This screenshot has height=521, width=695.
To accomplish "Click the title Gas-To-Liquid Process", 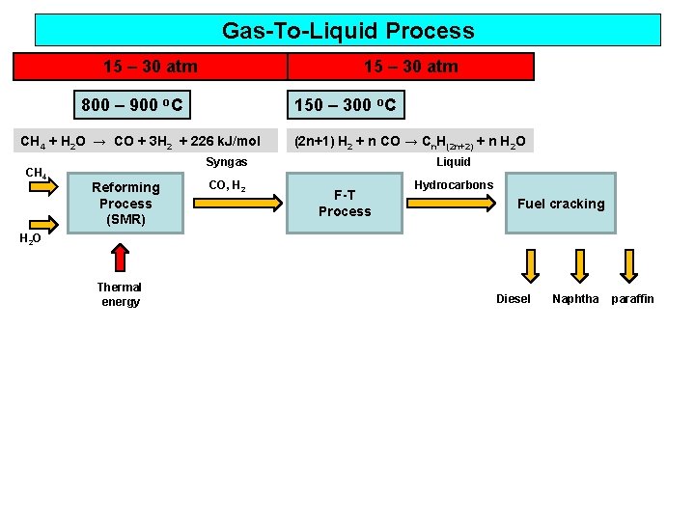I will [x=347, y=30].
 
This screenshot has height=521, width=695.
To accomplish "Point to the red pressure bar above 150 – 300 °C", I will [x=410, y=67].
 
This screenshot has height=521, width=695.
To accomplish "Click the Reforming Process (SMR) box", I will [x=125, y=203].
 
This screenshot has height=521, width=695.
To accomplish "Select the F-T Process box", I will [x=345, y=203].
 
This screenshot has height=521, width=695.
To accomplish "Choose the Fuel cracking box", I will [x=561, y=204].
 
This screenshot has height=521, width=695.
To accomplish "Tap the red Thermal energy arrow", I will [x=119, y=258].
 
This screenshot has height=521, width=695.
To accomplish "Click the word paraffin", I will [x=631, y=299].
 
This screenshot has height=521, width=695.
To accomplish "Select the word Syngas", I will [x=226, y=162].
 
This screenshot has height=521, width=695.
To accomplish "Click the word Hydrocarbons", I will [x=454, y=184].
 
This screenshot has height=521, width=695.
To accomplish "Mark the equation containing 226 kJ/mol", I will [x=141, y=142].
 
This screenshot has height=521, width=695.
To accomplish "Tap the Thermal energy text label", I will [x=120, y=294].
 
